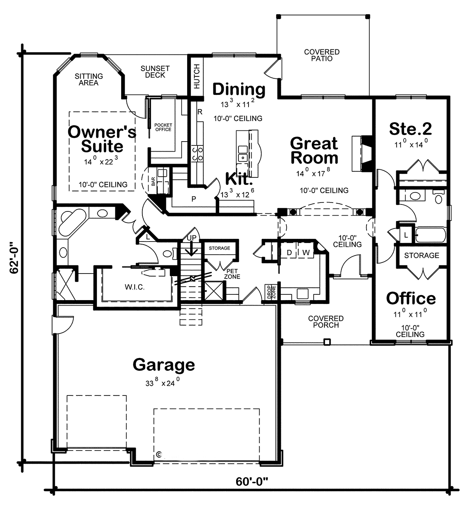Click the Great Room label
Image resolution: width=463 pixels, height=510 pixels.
pyautogui.click(x=314, y=150)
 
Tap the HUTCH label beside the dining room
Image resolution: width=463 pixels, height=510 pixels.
pyautogui.click(x=196, y=76)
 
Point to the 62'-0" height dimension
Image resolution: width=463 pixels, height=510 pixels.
pyautogui.click(x=14, y=258)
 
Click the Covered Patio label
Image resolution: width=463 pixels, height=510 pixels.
pyautogui.click(x=322, y=55)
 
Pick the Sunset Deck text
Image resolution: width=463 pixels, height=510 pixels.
pyautogui.click(x=155, y=72)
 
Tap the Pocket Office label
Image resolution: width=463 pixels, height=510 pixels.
pyautogui.click(x=163, y=127)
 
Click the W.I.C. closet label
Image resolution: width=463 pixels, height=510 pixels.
pyautogui.click(x=135, y=287)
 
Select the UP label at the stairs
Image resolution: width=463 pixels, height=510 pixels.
pyautogui.click(x=192, y=238)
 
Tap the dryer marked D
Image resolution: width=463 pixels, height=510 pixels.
pyautogui.click(x=289, y=253)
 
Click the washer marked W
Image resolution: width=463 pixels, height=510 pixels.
pyautogui.click(x=306, y=253)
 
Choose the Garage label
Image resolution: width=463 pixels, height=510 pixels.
pyautogui.click(x=164, y=365)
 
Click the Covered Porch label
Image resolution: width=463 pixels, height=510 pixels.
pyautogui.click(x=326, y=322)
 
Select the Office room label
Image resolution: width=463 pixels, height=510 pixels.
pyautogui.click(x=411, y=298)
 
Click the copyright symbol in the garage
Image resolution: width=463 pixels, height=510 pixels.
pyautogui.click(x=159, y=454)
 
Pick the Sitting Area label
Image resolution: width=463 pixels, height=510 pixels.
pyautogui.click(x=89, y=79)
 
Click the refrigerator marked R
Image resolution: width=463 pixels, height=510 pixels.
pyautogui.click(x=200, y=112)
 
